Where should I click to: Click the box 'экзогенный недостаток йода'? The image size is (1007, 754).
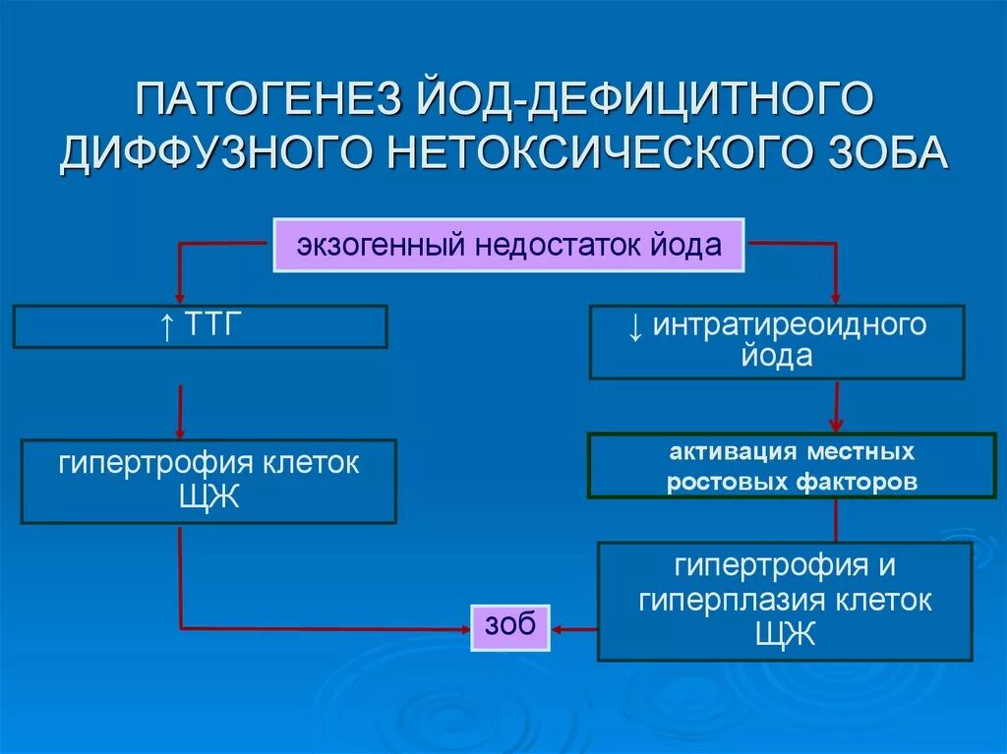tap(508, 245)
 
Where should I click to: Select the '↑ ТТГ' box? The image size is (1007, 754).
tap(200, 326)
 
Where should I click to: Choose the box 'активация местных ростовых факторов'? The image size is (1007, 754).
tap(791, 467)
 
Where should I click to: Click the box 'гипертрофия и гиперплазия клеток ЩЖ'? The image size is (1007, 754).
tap(785, 601)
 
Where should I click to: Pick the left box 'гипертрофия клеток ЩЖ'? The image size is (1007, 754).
tap(208, 481)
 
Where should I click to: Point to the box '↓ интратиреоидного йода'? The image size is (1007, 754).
tap(776, 341)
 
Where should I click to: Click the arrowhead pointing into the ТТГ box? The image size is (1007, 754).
tap(179, 296)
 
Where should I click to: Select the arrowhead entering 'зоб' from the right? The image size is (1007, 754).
tap(559, 628)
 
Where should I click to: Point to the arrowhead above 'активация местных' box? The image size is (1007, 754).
tap(836, 425)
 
